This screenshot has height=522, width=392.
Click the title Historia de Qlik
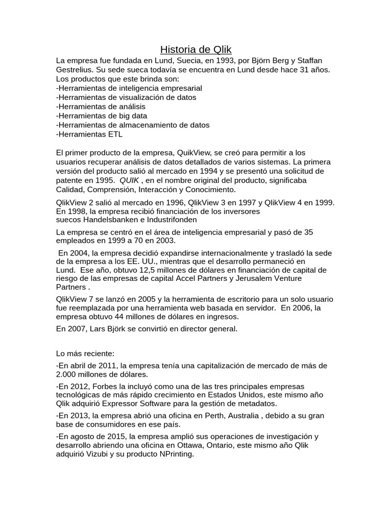(x=196, y=49)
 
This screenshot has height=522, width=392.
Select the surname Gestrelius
(x=77, y=69)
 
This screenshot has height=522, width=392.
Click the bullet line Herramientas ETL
(x=89, y=135)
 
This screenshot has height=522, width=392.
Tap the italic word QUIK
(x=129, y=180)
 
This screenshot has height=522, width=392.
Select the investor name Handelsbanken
(x=110, y=220)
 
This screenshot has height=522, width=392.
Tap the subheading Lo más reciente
(x=85, y=353)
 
